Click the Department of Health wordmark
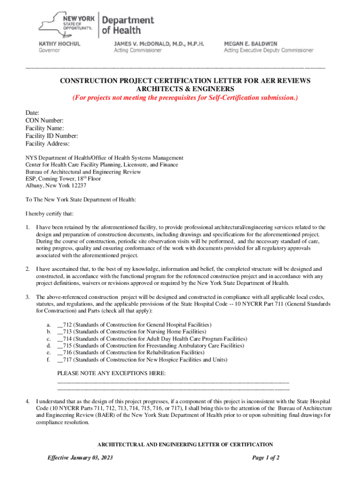(128, 25)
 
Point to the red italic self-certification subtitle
(185, 98)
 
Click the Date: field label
(32, 113)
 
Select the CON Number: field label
(44, 121)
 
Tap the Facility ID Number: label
(51, 136)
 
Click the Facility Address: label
(47, 144)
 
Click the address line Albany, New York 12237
(56, 185)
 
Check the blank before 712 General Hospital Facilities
(60, 325)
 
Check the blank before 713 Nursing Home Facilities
(60, 332)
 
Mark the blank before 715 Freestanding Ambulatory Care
(60, 346)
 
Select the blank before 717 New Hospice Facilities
(60, 360)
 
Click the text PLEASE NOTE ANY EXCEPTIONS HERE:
(111, 373)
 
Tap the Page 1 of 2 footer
(266, 457)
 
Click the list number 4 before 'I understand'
(28, 401)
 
